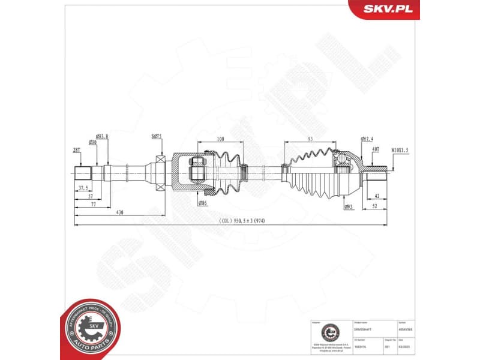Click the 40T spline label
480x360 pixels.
[x=376, y=149]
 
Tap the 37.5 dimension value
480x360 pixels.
[x=83, y=188]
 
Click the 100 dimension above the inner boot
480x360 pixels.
[x=220, y=139]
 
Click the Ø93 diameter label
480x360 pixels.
[x=349, y=207]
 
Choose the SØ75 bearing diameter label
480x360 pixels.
[x=157, y=137]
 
